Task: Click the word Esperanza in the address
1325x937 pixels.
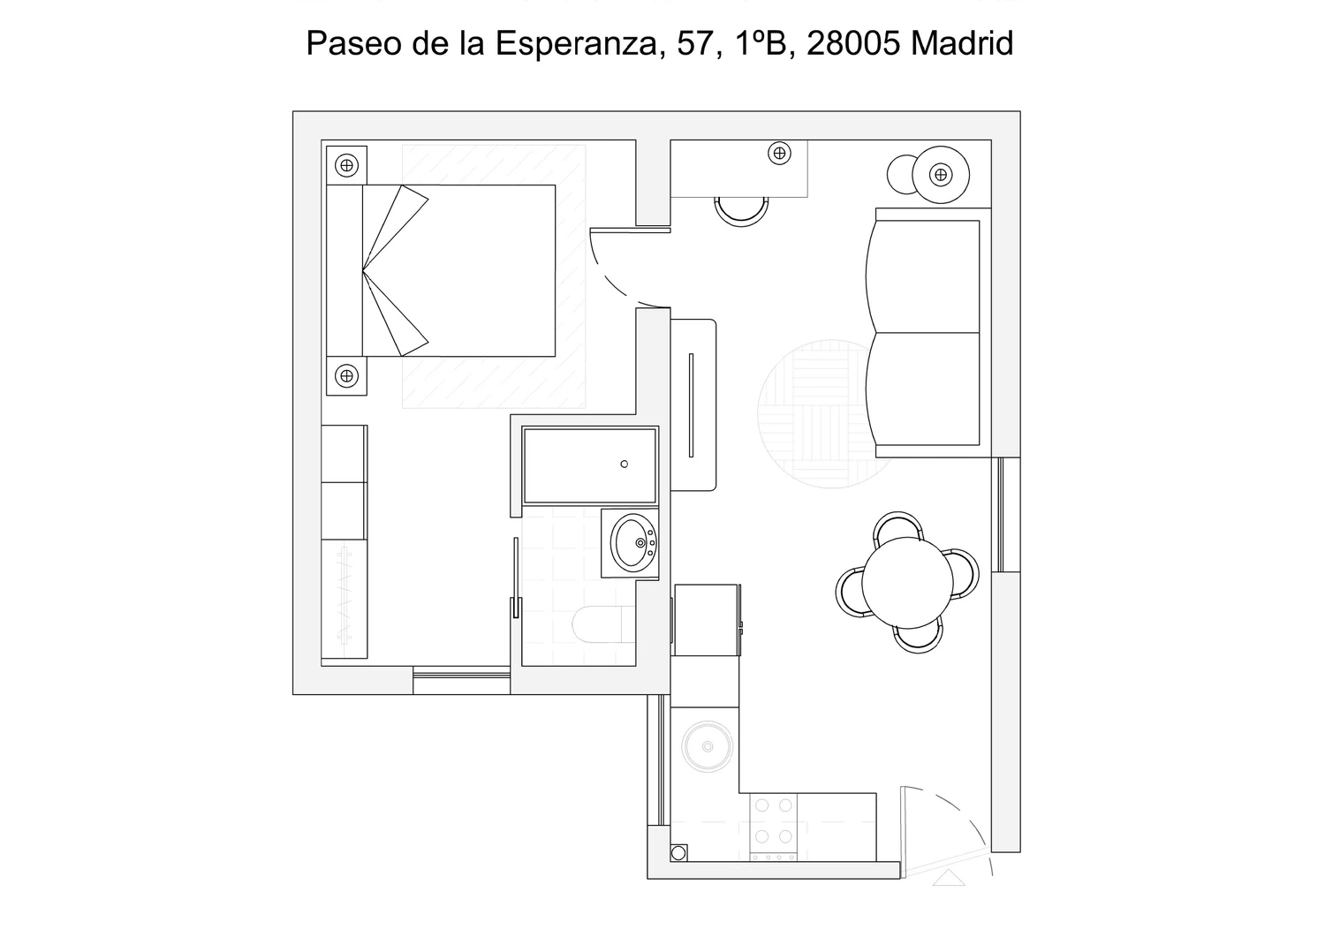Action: tap(576, 43)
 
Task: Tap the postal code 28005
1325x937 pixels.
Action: tap(853, 43)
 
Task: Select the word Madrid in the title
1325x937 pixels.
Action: tap(962, 43)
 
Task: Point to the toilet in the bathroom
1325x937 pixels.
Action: tap(603, 624)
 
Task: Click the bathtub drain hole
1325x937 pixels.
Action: tap(624, 465)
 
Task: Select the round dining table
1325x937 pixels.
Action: tap(907, 583)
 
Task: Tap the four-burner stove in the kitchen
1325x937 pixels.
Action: tap(774, 827)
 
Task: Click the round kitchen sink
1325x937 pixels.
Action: tap(708, 746)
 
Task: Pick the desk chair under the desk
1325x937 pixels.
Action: tap(741, 213)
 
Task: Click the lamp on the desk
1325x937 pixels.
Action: tap(780, 154)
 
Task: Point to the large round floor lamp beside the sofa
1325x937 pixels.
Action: tap(941, 175)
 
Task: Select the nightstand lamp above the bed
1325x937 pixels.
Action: tap(346, 165)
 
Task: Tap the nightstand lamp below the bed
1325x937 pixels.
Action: tap(346, 375)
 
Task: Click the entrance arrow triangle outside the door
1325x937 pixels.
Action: tap(948, 878)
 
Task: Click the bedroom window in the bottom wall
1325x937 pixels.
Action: tap(461, 680)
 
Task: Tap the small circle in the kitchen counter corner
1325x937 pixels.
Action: tap(679, 853)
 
